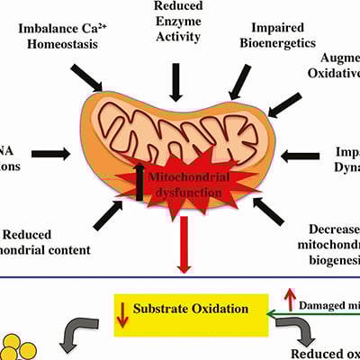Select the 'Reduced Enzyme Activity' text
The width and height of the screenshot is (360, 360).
[x=179, y=26]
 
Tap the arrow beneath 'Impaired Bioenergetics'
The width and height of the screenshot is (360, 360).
[x=241, y=83]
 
